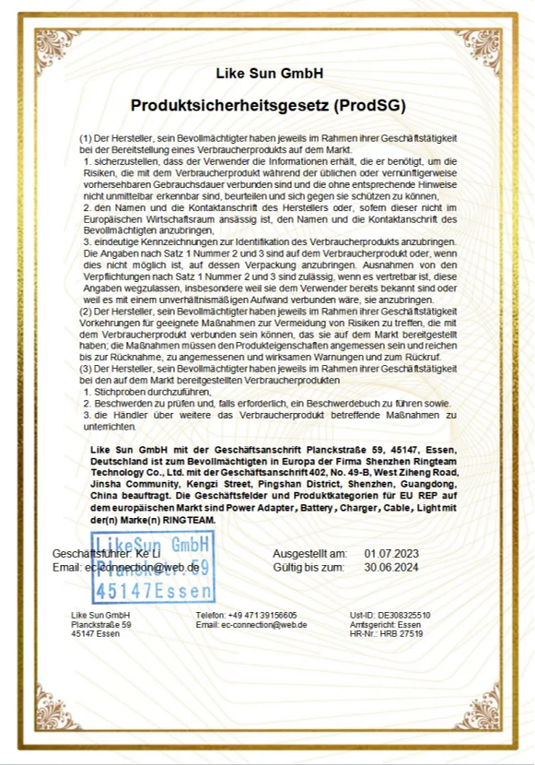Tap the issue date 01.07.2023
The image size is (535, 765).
click(391, 553)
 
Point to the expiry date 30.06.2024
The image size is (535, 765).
click(391, 567)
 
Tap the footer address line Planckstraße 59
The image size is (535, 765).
click(101, 624)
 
